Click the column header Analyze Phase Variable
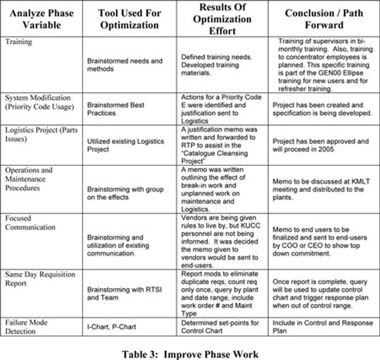(41, 19)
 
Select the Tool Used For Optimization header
(128, 19)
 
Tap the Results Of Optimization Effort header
(222, 19)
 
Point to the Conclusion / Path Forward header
(324, 19)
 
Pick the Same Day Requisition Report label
(40, 279)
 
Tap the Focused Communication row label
(30, 223)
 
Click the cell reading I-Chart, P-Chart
(111, 327)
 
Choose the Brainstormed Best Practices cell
(116, 109)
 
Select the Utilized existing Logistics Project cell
(125, 145)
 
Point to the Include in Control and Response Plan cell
(323, 327)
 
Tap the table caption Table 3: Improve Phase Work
(190, 354)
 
